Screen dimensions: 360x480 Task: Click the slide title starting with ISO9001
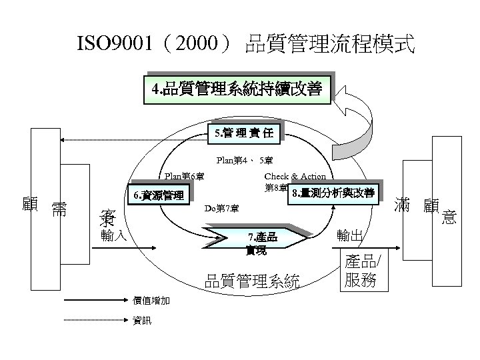246,45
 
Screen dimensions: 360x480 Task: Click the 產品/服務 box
361,271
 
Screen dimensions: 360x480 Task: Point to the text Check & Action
295,177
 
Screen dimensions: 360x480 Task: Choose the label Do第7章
221,209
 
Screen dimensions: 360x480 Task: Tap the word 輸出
351,235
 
